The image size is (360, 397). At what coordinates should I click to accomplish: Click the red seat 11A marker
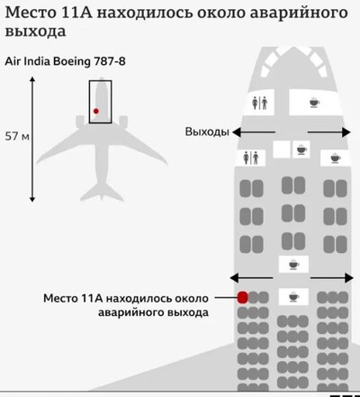tap(242, 297)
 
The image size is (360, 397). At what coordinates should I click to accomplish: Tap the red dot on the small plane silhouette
tap(96, 111)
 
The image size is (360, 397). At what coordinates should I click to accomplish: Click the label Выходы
tap(207, 131)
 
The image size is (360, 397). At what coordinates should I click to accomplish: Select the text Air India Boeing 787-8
tap(65, 61)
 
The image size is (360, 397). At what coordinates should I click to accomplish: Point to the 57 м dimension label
tap(17, 137)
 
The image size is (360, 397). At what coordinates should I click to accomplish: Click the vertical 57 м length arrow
tap(32, 139)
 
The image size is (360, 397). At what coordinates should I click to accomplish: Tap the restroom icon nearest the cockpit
tap(259, 103)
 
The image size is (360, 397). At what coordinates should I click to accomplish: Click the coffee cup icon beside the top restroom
tap(314, 103)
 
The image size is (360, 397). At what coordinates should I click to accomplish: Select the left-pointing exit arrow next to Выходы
tap(254, 132)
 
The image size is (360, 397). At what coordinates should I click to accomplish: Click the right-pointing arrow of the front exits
tap(329, 132)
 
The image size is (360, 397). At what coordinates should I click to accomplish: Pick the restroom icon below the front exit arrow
tap(251, 158)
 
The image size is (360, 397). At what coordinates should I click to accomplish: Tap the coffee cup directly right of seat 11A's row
tap(293, 297)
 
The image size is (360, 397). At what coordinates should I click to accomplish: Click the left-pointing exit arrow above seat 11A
tap(251, 278)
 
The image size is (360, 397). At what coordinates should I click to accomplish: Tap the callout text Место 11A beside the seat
tap(73, 298)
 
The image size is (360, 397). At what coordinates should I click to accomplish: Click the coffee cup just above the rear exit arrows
tap(293, 265)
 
